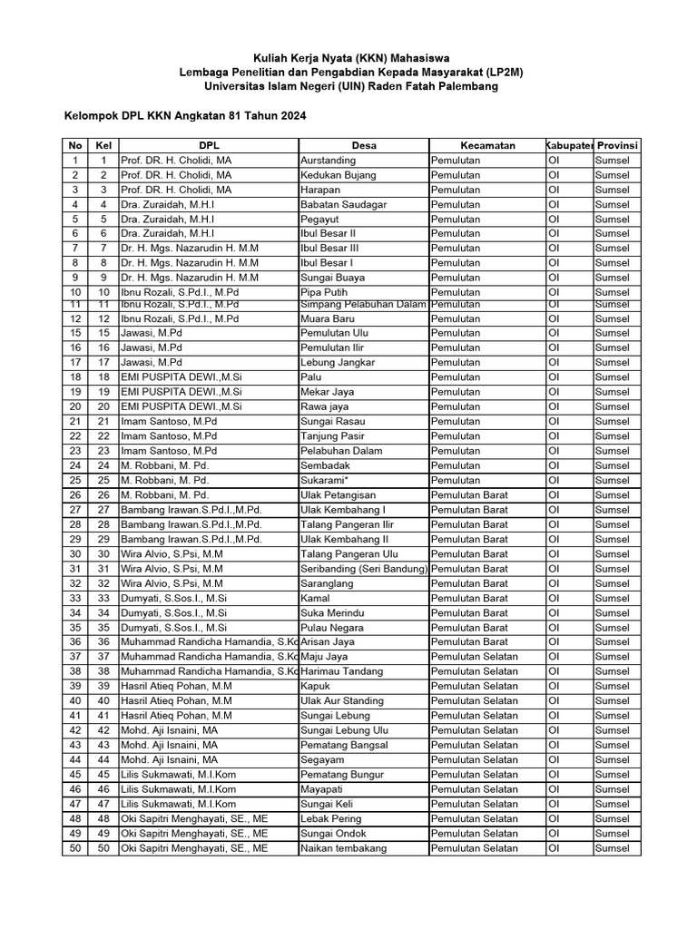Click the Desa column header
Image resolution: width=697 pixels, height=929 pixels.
coord(364,145)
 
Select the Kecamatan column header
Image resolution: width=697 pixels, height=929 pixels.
coord(487,145)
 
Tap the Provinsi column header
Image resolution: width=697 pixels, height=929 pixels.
coord(617,145)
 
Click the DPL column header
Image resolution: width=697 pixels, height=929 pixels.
coord(209,145)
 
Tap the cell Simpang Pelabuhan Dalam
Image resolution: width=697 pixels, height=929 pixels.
coord(363,305)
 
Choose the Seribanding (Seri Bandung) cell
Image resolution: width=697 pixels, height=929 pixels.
coord(363,569)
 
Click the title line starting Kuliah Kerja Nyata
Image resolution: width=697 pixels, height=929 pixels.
coord(350,57)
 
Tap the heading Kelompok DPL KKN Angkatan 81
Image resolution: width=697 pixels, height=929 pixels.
coord(184,116)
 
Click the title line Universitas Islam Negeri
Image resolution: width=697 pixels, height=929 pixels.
coord(350,86)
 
